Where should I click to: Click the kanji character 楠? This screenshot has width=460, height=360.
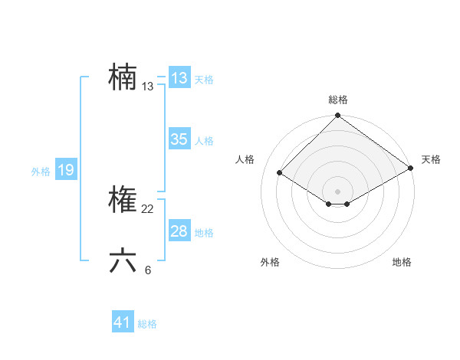point(123,78)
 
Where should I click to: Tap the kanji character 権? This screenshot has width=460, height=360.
point(123,201)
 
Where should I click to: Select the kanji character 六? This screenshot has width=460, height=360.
point(123,261)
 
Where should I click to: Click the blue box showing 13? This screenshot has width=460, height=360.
point(179,78)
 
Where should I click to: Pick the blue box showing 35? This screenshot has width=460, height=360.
point(179,139)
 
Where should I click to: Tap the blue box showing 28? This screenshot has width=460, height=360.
point(179,231)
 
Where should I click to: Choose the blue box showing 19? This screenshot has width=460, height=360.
point(66,170)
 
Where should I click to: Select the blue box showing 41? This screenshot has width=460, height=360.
point(123,322)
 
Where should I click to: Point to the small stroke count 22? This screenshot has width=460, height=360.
point(148,209)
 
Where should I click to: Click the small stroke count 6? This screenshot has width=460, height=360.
point(148,270)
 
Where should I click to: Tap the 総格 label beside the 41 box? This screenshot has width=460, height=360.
point(147,324)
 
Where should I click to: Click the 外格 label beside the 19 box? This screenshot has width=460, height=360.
point(41,172)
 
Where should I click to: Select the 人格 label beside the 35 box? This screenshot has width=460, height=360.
point(204,141)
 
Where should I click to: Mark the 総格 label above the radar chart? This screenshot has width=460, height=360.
point(338,100)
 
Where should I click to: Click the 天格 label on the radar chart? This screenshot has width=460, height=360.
point(431,159)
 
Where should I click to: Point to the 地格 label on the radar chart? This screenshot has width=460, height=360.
point(402,263)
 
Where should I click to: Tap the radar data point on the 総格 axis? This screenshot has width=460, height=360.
point(337,116)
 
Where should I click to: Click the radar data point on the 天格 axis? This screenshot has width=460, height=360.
point(411,169)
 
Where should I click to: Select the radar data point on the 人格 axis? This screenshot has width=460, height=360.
point(280,173)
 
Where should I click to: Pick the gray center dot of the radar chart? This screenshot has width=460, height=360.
point(337,191)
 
